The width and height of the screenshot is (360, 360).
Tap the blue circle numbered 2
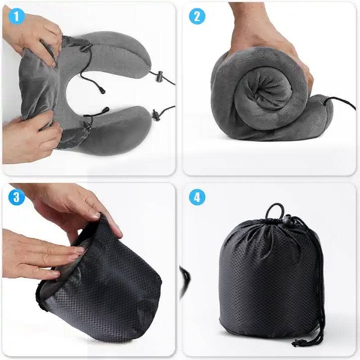[197, 17]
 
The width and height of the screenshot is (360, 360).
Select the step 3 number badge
[17, 197]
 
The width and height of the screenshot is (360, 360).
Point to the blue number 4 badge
[197, 197]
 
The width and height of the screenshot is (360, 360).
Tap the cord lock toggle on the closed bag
[287, 222]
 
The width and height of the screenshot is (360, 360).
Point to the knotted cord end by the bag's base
[301, 343]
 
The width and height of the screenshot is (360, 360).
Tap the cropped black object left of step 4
[185, 280]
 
